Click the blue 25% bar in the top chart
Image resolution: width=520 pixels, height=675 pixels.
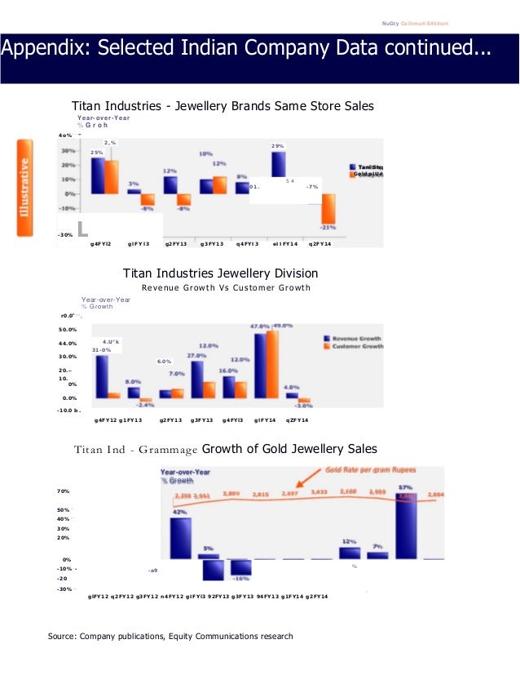pyautogui.click(x=97, y=175)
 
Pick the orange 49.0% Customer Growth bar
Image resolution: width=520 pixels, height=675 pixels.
pyautogui.click(x=272, y=364)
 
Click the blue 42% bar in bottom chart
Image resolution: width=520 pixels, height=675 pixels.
pyautogui.click(x=181, y=538)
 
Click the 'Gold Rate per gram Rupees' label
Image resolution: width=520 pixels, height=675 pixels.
pyautogui.click(x=381, y=470)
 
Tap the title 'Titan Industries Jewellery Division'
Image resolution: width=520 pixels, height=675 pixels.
pyautogui.click(x=220, y=273)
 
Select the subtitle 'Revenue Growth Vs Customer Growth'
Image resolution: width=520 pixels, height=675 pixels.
pyautogui.click(x=226, y=287)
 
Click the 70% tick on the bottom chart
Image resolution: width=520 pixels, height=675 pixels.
pyautogui.click(x=63, y=491)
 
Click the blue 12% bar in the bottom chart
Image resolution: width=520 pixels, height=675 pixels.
pyautogui.click(x=350, y=553)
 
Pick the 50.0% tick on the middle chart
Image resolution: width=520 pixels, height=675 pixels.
pyautogui.click(x=67, y=329)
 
